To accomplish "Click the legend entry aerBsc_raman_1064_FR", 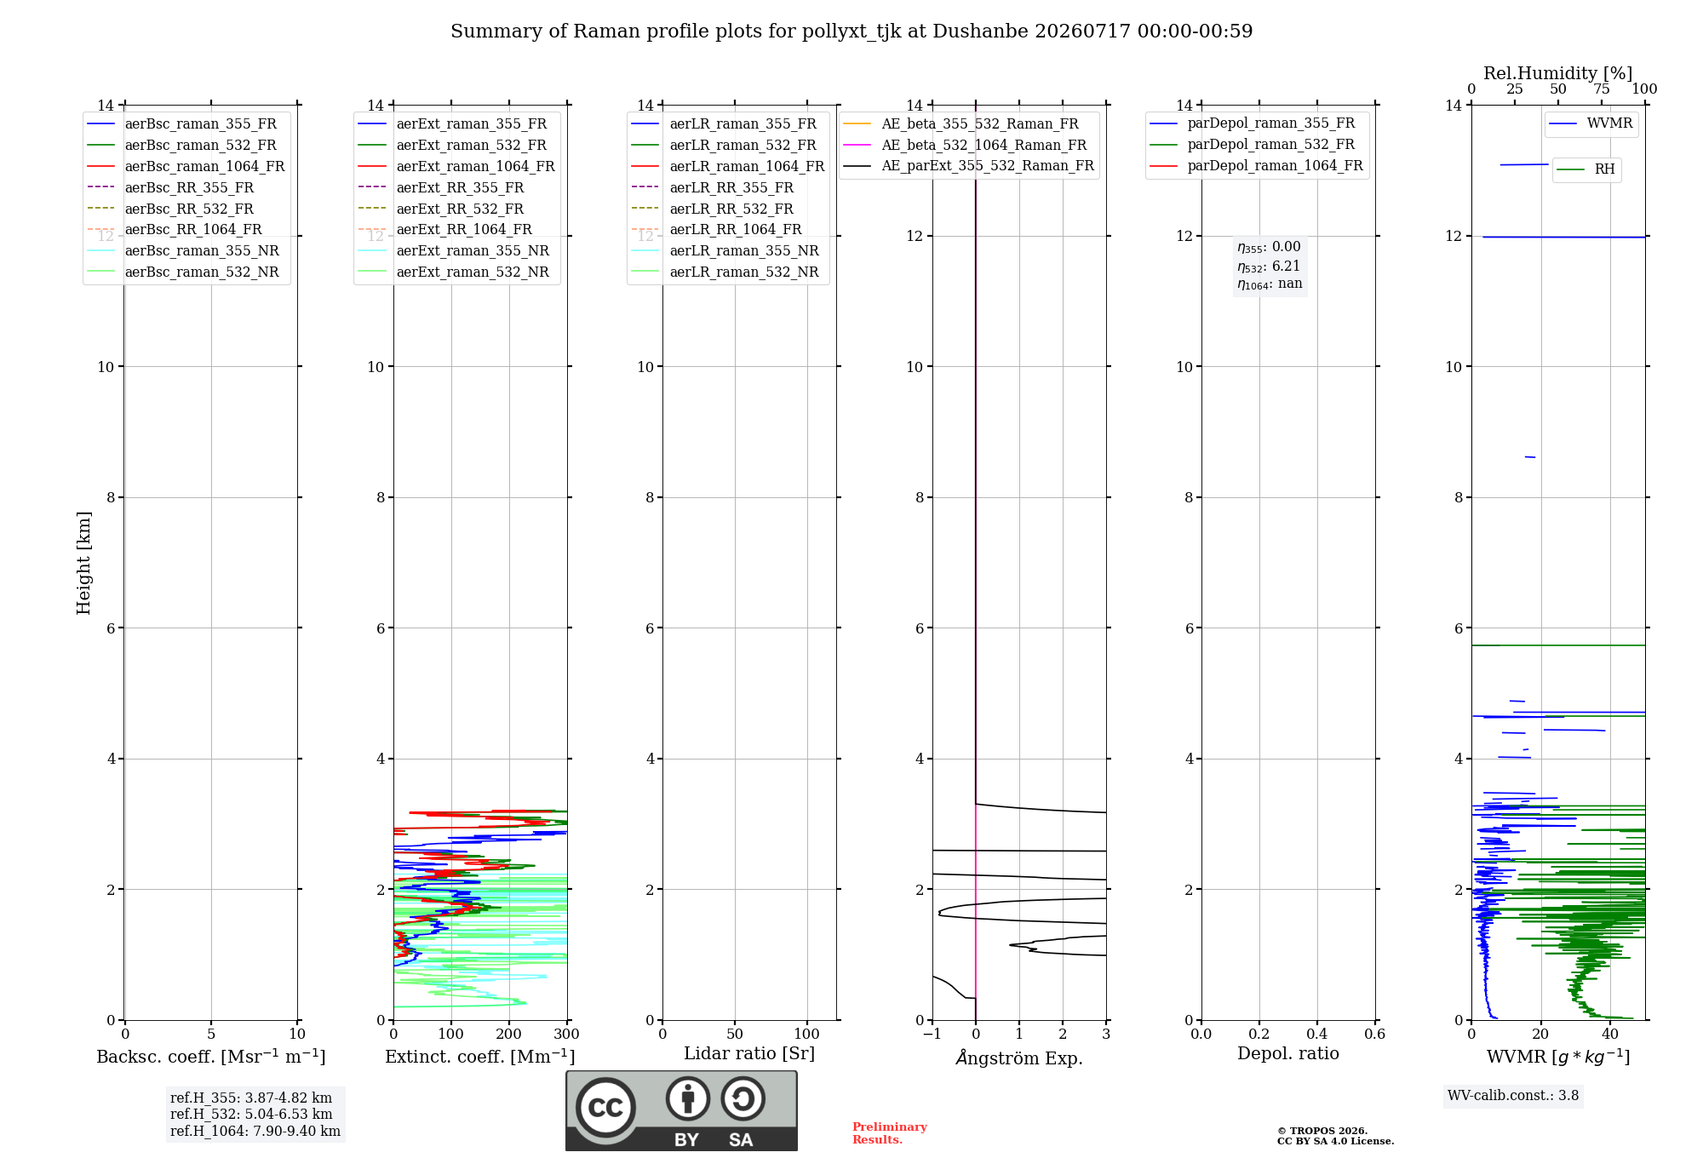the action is tap(186, 166).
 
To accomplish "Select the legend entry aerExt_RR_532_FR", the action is tap(441, 209).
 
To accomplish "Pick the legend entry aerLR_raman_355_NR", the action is tap(725, 250).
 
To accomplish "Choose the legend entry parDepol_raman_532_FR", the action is tap(1252, 145).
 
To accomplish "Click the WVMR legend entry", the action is tap(1591, 123).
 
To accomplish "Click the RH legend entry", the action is tap(1585, 169).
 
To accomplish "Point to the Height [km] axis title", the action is tap(83, 563).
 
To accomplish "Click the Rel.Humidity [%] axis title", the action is tap(1558, 73).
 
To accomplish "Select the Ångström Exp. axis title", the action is tap(1019, 1058).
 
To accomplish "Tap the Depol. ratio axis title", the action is tap(1288, 1053).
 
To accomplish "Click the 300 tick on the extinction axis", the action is tap(566, 1034).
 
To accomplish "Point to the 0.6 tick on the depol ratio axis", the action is tap(1374, 1034).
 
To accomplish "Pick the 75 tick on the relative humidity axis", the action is tap(1602, 89).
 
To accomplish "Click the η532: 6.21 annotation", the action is tap(1269, 267).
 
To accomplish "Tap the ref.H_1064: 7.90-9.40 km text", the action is tap(255, 1132).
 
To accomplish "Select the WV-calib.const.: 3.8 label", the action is tap(1513, 1096).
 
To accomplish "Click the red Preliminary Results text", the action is tap(890, 1133).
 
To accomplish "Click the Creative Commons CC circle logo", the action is tap(605, 1108).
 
